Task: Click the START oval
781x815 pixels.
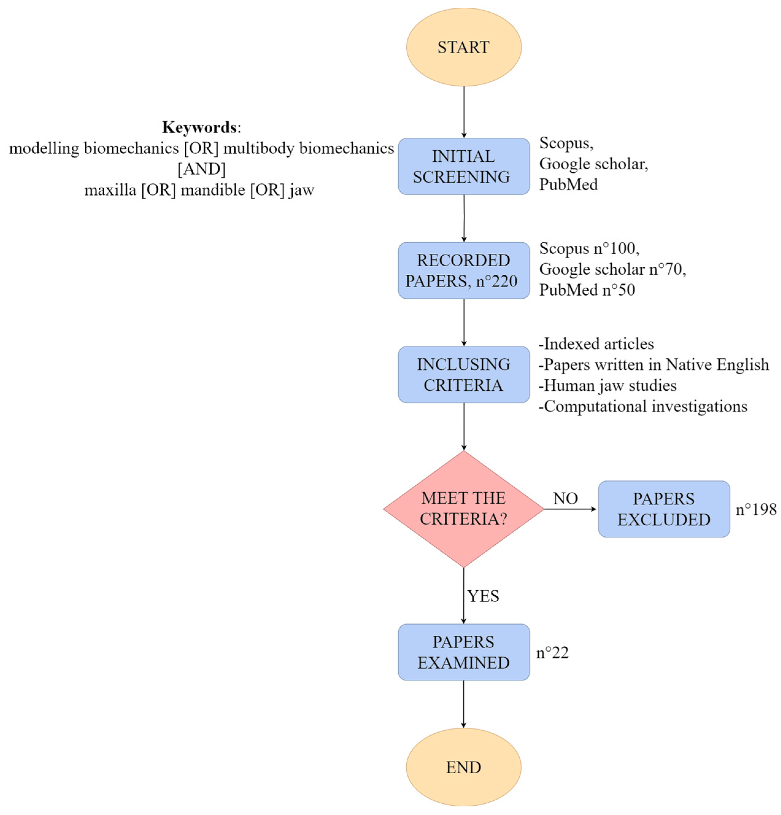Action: tap(464, 47)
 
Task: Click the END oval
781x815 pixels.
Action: tap(464, 767)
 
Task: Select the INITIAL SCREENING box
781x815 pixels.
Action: tap(464, 166)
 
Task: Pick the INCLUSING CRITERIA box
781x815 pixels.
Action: tap(464, 375)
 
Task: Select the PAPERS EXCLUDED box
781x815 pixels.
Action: tap(664, 509)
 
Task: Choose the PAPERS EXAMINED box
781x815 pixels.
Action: tap(464, 652)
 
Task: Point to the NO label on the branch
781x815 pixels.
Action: tap(565, 498)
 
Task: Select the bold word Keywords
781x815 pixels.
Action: tap(199, 127)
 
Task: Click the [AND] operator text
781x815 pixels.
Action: tap(202, 169)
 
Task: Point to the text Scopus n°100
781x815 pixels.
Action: tap(589, 248)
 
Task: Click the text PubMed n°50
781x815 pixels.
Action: tap(587, 290)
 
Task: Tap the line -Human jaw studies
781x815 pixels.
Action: tap(607, 385)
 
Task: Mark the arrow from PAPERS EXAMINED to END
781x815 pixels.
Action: tap(464, 704)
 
